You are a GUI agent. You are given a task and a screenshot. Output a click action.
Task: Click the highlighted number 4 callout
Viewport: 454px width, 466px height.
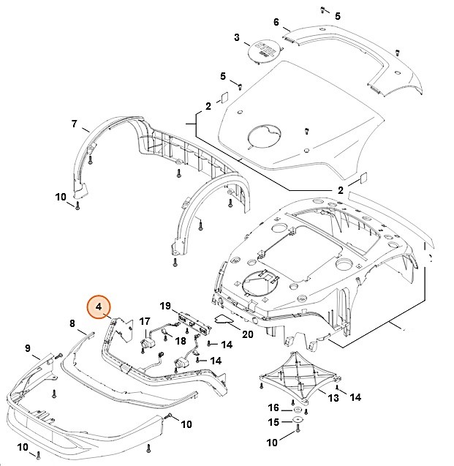coord(98,308)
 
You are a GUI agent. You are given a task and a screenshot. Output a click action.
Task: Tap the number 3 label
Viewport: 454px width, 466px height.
coord(236,37)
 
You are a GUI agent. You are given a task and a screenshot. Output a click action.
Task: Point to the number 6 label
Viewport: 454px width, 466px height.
coord(276,22)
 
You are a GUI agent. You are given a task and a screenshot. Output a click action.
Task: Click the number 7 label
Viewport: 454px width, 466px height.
coord(75,124)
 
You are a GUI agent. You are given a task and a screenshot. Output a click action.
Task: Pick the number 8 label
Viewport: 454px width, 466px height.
coord(72,323)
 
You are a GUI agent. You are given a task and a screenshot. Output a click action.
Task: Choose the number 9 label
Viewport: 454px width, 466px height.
coord(27,347)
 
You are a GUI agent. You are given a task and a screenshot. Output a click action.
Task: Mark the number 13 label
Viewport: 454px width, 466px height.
coord(333,398)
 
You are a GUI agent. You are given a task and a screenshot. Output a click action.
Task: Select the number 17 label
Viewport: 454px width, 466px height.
coord(145,320)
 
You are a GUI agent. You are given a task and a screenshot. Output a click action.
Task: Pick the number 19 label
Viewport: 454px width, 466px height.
coord(165,305)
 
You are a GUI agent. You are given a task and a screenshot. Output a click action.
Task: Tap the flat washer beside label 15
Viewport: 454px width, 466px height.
coord(298,422)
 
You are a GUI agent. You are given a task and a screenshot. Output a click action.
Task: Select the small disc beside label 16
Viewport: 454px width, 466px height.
coord(295,407)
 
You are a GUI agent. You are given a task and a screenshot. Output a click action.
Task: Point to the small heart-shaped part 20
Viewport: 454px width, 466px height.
coord(224,319)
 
